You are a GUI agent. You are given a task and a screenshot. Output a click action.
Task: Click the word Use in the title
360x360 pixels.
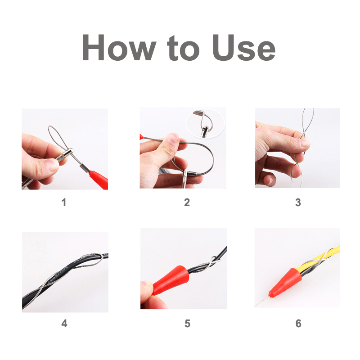point(243,49)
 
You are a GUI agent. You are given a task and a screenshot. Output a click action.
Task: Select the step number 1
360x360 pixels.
point(64,202)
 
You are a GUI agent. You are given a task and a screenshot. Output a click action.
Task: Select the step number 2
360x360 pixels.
point(187,202)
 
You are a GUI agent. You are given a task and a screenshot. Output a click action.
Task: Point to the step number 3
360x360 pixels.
point(298,202)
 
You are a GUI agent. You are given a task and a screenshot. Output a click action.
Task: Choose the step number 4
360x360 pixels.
point(64,323)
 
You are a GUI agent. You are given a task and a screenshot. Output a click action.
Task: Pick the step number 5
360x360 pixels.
point(187,323)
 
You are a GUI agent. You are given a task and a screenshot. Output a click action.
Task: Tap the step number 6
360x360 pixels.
point(298,323)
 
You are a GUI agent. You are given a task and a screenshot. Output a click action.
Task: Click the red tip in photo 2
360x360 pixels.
point(142,135)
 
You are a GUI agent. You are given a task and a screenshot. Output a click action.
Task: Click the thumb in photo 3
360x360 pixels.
point(295,145)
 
